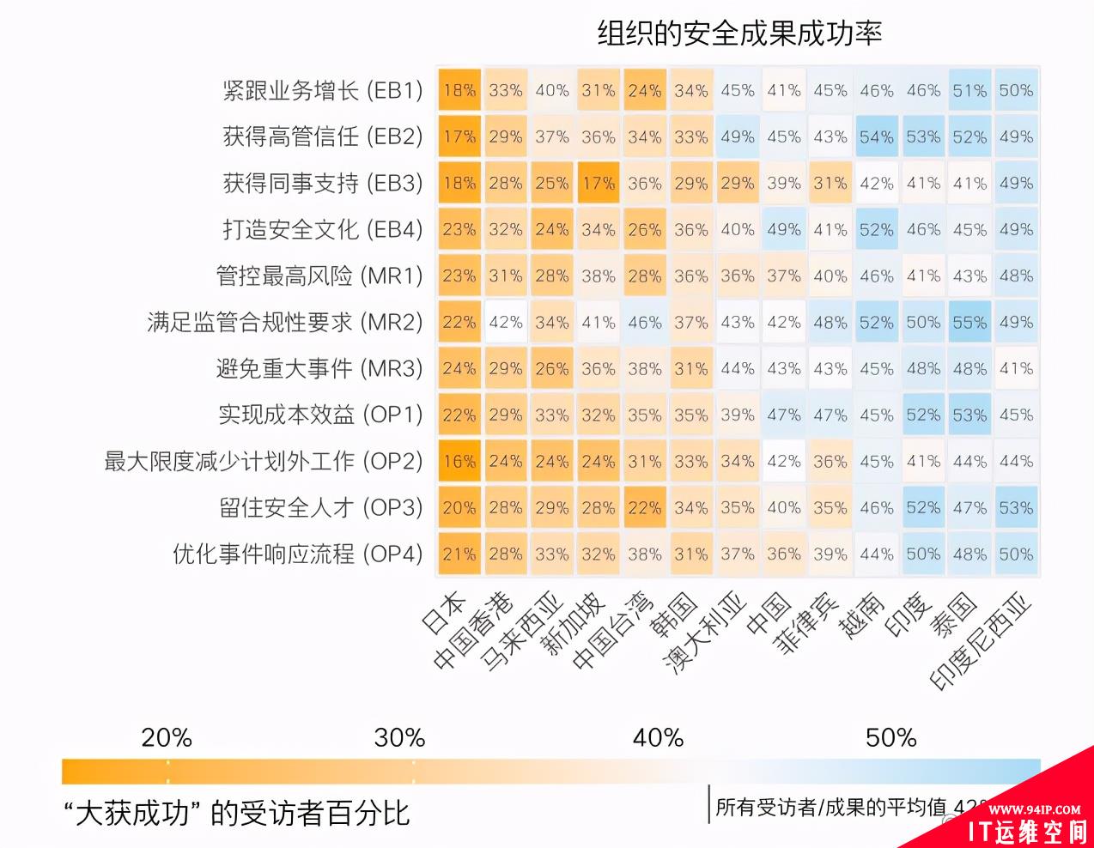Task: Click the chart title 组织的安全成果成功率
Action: pyautogui.click(x=739, y=33)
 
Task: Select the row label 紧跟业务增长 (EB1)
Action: pyautogui.click(x=323, y=90)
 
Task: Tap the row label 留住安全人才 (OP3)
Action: pyautogui.click(x=321, y=507)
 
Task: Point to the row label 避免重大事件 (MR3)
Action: pyautogui.click(x=319, y=368)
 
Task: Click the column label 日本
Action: pyautogui.click(x=446, y=613)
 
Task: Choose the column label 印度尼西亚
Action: pyautogui.click(x=982, y=644)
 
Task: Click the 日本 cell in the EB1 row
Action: pyautogui.click(x=459, y=90)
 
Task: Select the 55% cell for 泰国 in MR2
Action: pyautogui.click(x=969, y=322)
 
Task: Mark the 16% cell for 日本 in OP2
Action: pyautogui.click(x=459, y=461)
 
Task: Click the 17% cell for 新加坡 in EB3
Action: pyautogui.click(x=599, y=183)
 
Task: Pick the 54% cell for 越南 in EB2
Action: pyautogui.click(x=877, y=136)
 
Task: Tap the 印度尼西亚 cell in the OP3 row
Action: pyautogui.click(x=1016, y=507)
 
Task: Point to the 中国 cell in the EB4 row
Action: pyautogui.click(x=784, y=229)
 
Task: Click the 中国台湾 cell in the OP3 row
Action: pyautogui.click(x=645, y=507)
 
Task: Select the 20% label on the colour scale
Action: pyautogui.click(x=167, y=737)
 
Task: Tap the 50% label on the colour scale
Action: pyautogui.click(x=891, y=737)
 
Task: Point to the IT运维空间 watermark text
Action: pyautogui.click(x=1027, y=830)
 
